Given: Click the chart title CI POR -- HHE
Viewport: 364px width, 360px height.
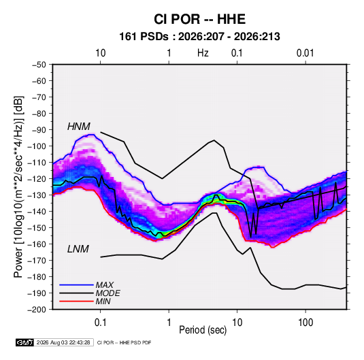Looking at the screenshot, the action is click(x=199, y=19).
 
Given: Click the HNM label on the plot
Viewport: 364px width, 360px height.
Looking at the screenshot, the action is click(x=79, y=127).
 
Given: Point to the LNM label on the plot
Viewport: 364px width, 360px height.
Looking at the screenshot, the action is click(x=78, y=249).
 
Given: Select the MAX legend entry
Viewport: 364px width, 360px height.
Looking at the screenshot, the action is click(x=105, y=285).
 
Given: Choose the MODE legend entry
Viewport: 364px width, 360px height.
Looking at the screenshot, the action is click(x=107, y=293).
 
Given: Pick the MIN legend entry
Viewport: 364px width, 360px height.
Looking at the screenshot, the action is click(x=103, y=301).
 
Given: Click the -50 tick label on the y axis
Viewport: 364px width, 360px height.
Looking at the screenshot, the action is click(x=39, y=65).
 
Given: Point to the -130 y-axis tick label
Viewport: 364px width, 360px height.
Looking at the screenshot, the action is click(x=37, y=195).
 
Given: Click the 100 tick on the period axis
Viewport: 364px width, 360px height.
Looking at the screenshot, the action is click(x=305, y=323).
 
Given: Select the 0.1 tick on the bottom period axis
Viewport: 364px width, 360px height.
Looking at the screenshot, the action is click(x=101, y=323).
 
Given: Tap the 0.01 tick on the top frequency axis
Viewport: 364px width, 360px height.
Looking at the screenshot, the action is click(x=305, y=53).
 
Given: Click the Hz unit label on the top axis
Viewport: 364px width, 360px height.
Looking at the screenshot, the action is click(x=203, y=53).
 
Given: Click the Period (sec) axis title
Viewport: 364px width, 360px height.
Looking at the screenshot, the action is click(x=203, y=330).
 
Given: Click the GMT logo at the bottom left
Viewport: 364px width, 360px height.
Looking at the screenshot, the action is click(x=24, y=342).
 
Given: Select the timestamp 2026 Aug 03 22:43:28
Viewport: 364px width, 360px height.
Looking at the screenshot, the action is click(x=63, y=342).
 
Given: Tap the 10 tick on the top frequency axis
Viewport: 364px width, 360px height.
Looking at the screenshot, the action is click(x=101, y=53).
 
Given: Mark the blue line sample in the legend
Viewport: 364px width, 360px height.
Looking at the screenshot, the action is click(x=76, y=285).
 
